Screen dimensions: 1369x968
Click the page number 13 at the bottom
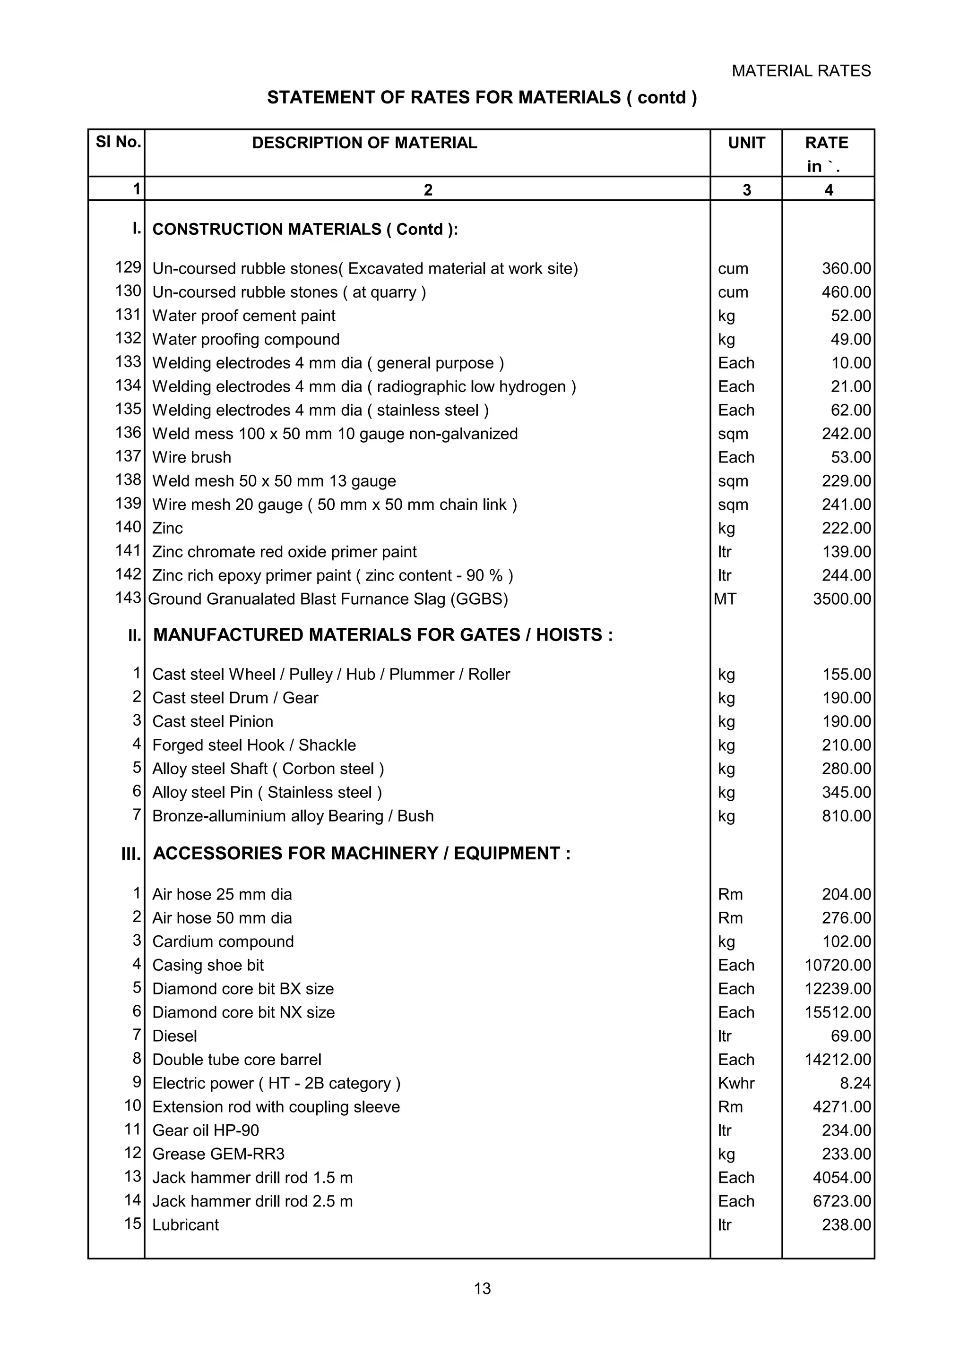click(482, 1289)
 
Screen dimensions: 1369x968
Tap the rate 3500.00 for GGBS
click(841, 599)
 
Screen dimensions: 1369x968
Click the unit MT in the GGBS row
click(725, 599)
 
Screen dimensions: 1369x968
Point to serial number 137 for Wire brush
click(128, 456)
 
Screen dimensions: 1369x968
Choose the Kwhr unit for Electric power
click(736, 1083)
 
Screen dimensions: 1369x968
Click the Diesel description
click(174, 1035)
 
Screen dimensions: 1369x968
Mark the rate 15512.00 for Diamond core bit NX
click(838, 1012)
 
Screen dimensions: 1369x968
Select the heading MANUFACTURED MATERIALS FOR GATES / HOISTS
click(382, 635)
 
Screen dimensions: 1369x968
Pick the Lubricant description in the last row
click(185, 1225)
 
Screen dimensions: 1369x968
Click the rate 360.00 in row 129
click(846, 268)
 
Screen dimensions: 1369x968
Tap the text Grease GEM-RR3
click(218, 1154)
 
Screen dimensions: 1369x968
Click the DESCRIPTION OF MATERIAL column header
click(364, 143)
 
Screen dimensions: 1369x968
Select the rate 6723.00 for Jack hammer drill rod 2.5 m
click(841, 1201)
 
